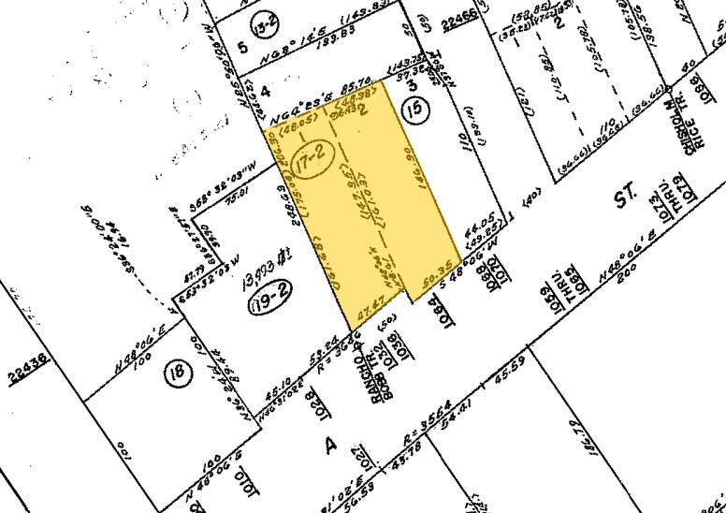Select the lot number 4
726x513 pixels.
click(264, 92)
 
